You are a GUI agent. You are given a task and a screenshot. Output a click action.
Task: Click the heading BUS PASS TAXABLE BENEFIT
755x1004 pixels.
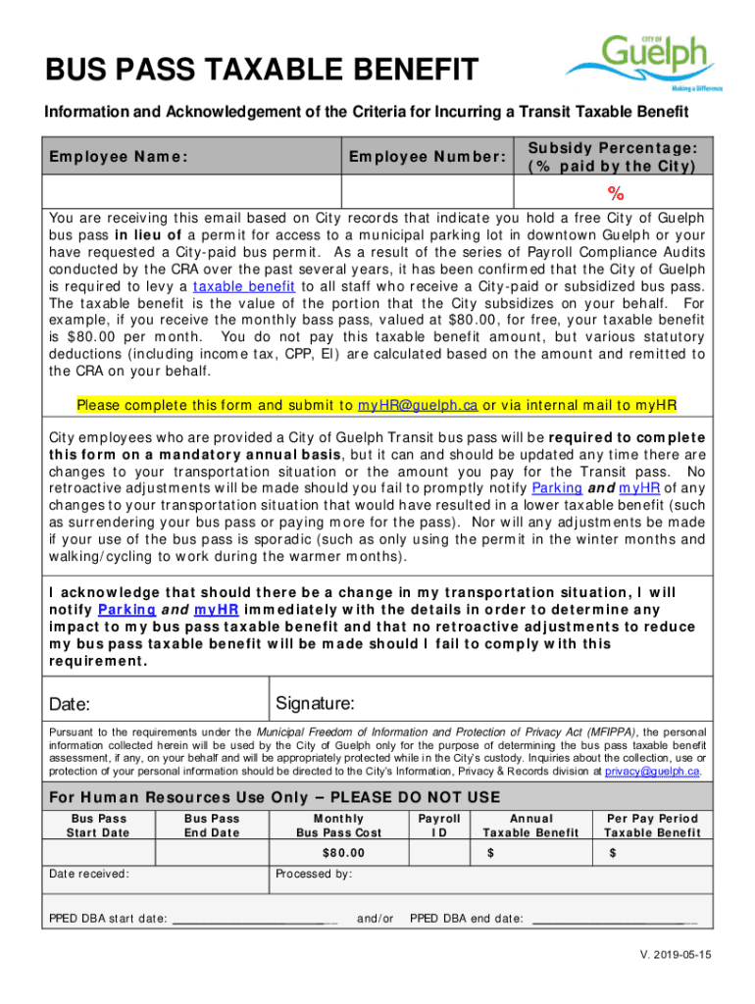tap(261, 71)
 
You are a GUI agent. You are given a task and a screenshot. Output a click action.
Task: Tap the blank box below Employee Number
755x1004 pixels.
tap(427, 190)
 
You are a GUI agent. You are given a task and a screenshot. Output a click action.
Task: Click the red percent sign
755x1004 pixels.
tap(615, 191)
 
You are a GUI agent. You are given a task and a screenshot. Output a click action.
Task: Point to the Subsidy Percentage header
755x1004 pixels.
tap(614, 157)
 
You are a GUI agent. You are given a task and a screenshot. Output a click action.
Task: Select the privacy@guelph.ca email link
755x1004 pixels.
tap(652, 772)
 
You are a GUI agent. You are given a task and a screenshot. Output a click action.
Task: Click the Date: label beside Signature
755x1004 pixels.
tap(70, 705)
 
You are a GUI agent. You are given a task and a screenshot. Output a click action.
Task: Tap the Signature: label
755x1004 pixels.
tap(315, 704)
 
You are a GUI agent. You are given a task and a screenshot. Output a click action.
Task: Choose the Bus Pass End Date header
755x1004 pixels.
tap(212, 826)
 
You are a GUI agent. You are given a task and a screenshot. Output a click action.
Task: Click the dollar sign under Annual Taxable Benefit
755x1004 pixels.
tap(490, 853)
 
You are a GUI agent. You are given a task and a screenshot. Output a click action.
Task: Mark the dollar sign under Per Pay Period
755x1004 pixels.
tap(612, 853)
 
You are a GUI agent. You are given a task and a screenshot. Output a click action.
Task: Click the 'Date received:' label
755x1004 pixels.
tap(88, 874)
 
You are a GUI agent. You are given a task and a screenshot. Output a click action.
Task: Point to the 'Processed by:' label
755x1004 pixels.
tap(313, 874)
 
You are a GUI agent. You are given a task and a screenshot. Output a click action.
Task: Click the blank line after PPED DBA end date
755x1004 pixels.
tap(613, 920)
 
